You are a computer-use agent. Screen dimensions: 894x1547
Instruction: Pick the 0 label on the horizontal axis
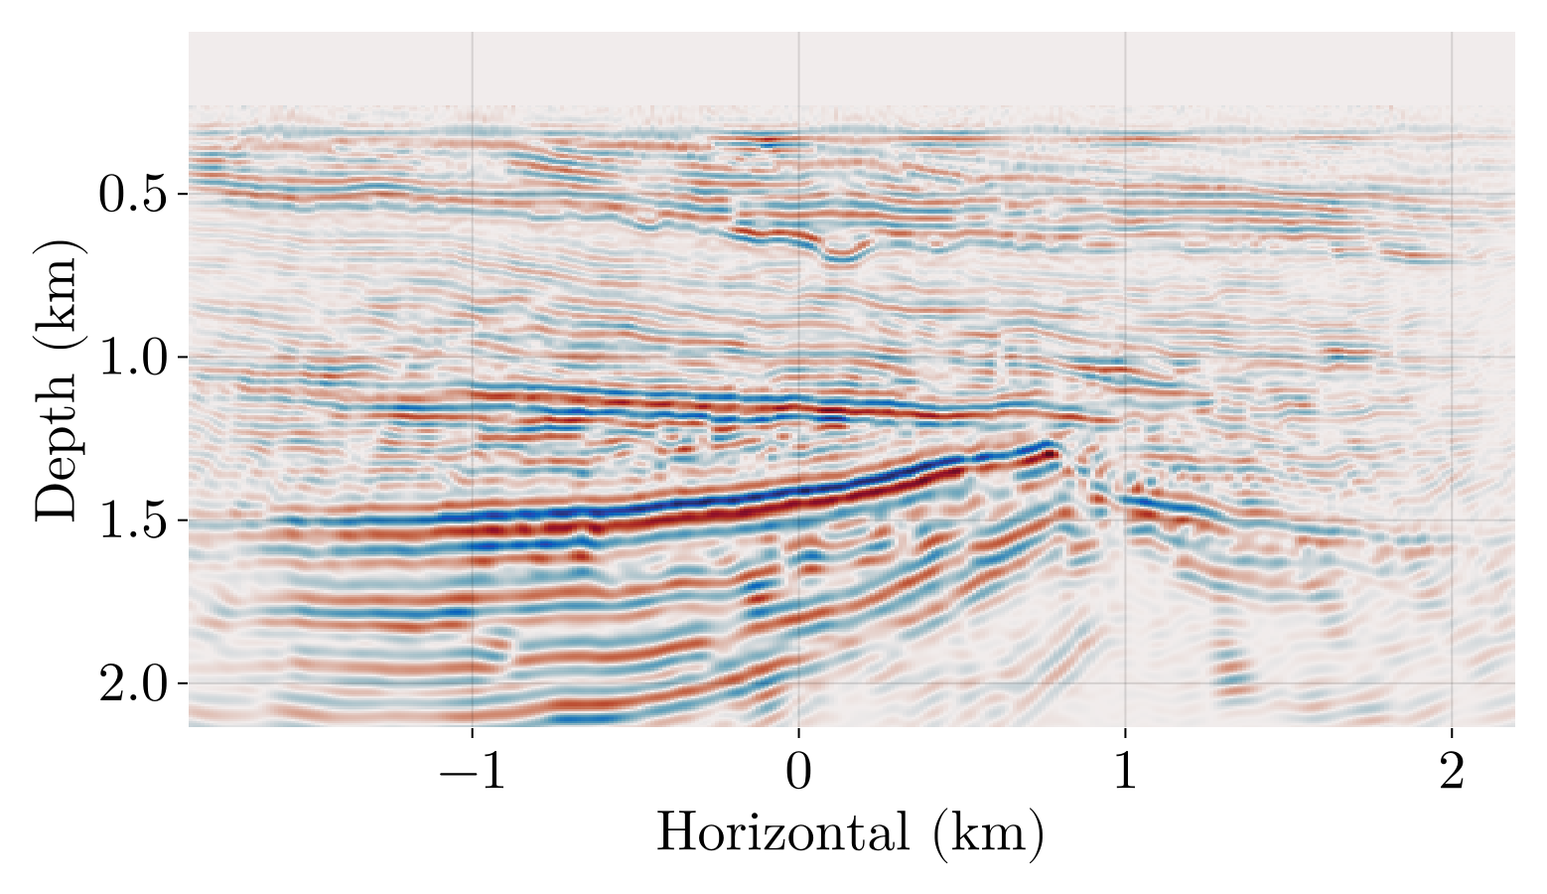pos(798,774)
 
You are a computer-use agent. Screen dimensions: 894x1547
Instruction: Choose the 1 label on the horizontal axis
pos(1125,774)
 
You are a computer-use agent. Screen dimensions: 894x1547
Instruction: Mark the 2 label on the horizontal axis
pos(1452,774)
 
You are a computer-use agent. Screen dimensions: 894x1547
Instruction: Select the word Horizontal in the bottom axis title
pos(783,832)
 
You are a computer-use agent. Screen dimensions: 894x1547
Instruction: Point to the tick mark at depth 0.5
pos(183,194)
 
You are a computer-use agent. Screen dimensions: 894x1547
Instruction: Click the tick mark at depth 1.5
pos(183,521)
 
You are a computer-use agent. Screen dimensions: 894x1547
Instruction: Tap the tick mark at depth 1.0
pos(183,357)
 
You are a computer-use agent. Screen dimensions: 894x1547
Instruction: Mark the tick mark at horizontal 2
pos(1452,732)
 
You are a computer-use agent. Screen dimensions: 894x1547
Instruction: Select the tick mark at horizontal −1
pos(472,732)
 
